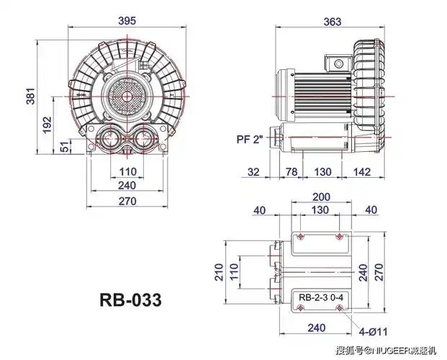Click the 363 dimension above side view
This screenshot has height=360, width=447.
(x=333, y=22)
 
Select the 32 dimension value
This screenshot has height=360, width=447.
(x=253, y=171)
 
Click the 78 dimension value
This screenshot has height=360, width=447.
(x=292, y=171)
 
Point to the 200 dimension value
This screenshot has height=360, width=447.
(x=321, y=197)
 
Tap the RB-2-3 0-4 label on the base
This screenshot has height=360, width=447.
(x=321, y=297)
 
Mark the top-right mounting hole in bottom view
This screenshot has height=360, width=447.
(x=339, y=237)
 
